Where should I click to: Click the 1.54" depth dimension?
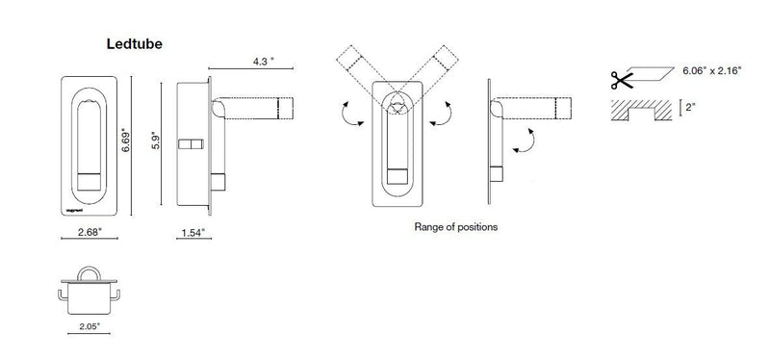(x=192, y=233)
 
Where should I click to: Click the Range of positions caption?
(x=455, y=228)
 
